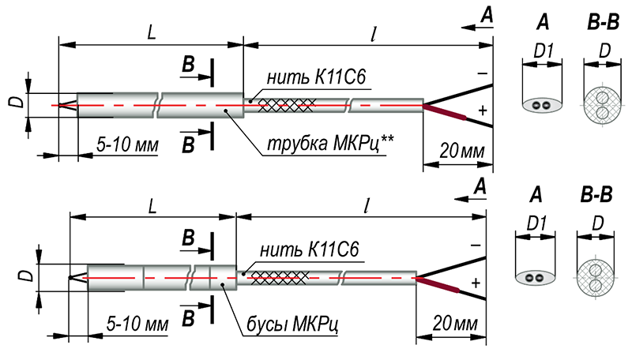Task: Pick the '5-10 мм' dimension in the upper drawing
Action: (127, 145)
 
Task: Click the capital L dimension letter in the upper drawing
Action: (150, 32)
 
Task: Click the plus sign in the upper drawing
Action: (481, 111)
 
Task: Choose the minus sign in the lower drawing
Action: (475, 246)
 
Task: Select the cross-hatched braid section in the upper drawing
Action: (287, 103)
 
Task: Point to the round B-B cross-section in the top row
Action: (603, 104)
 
